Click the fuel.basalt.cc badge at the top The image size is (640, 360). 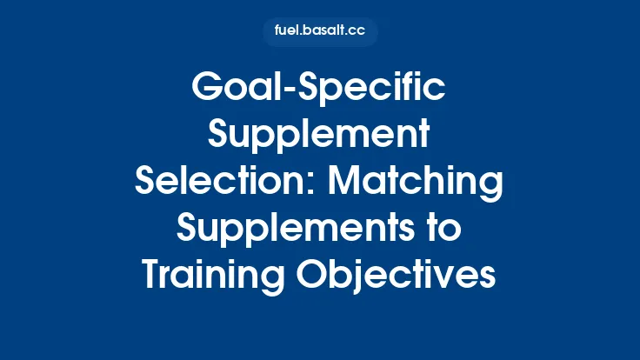tap(320, 32)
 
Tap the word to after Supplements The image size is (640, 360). tap(443, 230)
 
